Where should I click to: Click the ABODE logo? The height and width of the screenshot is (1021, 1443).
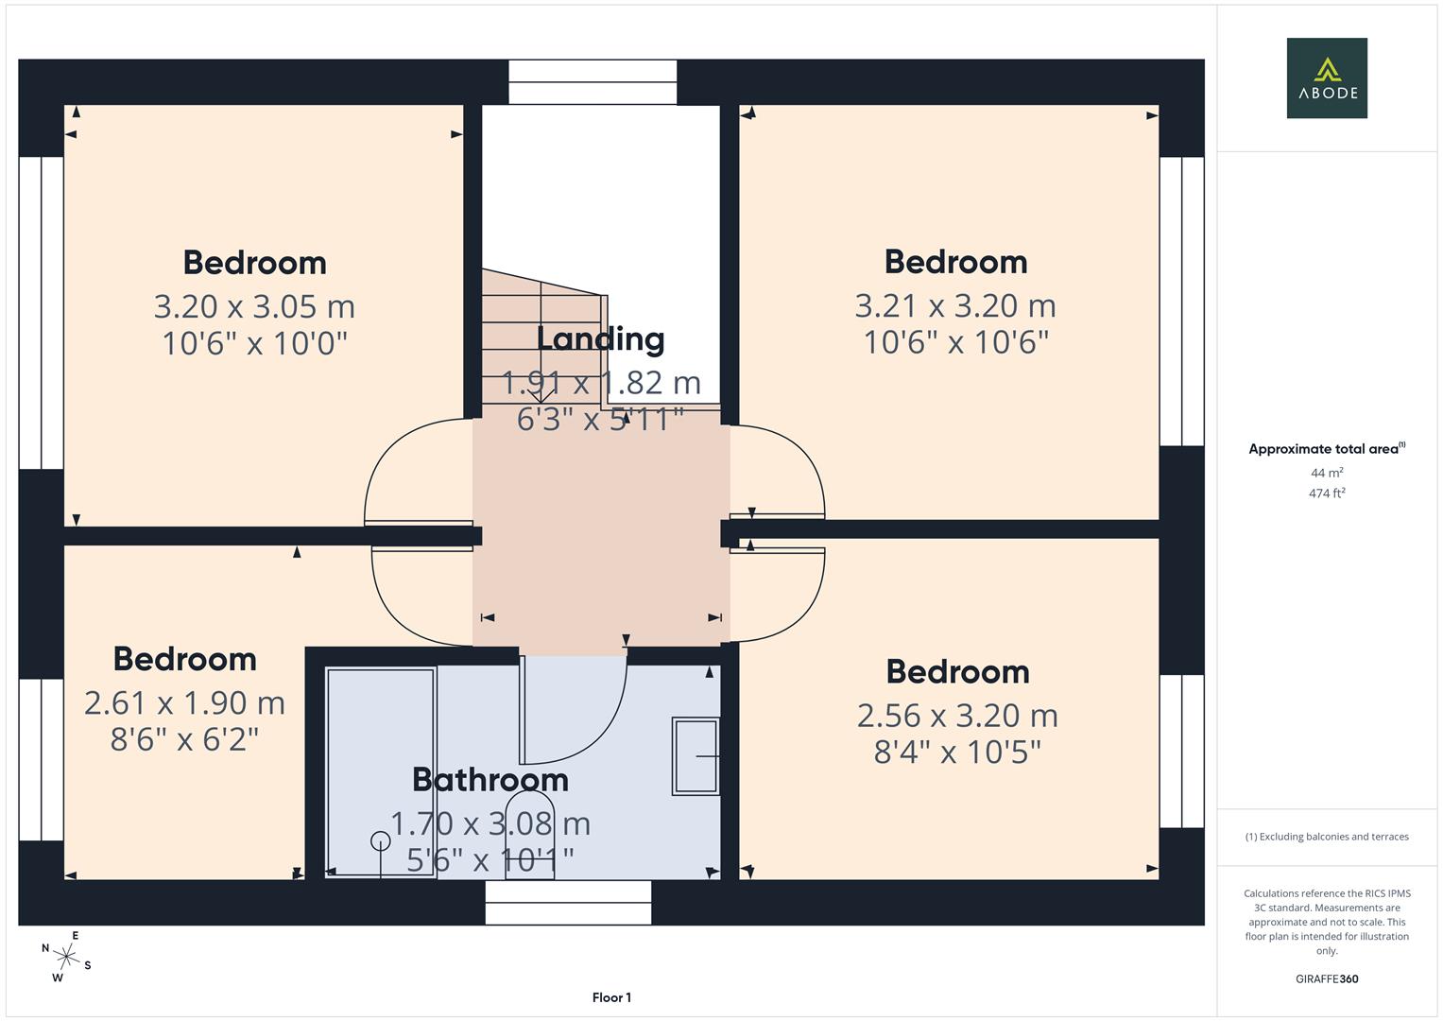pos(1326,78)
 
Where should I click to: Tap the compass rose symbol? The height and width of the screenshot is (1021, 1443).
pos(66,957)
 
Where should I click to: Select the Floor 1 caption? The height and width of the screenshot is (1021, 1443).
pos(611,997)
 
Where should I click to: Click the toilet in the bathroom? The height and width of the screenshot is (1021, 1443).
pos(530,832)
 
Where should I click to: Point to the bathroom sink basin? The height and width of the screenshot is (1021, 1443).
pos(696,755)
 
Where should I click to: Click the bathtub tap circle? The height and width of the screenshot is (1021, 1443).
pos(380,840)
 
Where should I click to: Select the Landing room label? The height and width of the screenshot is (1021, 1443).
pos(600,338)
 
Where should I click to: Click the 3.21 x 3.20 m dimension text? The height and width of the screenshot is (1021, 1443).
pos(955,305)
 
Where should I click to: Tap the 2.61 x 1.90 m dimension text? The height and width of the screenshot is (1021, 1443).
pos(184,702)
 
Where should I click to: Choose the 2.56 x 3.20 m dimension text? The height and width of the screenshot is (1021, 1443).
pos(957,716)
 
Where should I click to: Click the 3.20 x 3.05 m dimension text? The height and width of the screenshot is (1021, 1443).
pos(254,306)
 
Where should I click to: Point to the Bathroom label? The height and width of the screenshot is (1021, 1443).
pos(490,780)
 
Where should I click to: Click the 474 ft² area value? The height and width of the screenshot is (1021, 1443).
pos(1326,493)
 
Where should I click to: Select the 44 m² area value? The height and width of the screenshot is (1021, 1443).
pos(1326,473)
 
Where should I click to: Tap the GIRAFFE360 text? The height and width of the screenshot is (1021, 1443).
pos(1326,979)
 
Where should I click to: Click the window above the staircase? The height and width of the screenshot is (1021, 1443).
pos(593,82)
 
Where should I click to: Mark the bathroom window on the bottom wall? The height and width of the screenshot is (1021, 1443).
pos(568,902)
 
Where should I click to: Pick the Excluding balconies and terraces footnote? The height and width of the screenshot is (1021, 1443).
pos(1326,837)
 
